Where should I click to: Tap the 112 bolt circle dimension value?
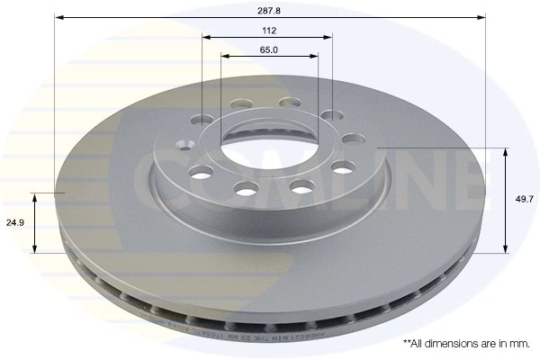tap(267, 29)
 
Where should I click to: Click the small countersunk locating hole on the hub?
tap(184, 145)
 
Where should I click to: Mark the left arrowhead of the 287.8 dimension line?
tap(58, 17)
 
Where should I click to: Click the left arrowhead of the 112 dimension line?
tap(205, 37)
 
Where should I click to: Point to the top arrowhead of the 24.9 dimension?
tap(35, 195)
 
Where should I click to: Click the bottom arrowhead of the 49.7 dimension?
tap(505, 249)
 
